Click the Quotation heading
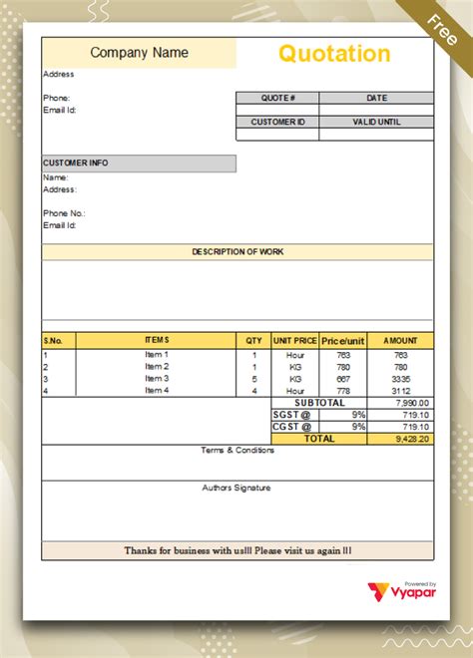coord(334,53)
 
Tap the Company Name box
coord(139,53)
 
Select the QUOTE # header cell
coord(277,98)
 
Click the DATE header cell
coord(376,98)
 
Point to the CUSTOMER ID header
coord(277,122)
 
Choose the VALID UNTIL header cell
coord(376,122)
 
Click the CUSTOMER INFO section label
coord(76,163)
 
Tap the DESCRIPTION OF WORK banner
coord(237,252)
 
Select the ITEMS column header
coord(157,341)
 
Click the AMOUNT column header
coord(400,341)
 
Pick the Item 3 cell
coord(157,379)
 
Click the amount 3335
coord(400,379)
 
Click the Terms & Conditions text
coord(237,451)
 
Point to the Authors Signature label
coord(236,488)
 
